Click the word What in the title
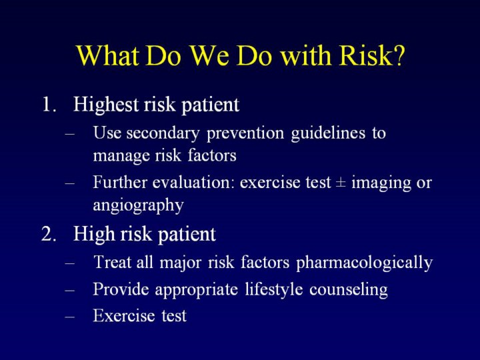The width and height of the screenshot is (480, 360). (107, 55)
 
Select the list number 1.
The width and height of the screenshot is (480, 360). (49, 105)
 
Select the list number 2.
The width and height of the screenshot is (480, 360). (49, 234)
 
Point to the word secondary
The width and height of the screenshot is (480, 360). (163, 134)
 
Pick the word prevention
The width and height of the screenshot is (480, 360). (245, 134)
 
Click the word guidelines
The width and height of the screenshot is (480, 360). (328, 134)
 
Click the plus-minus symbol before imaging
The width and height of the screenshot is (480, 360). (341, 183)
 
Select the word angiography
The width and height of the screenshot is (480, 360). (139, 206)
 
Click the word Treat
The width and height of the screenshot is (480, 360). (113, 262)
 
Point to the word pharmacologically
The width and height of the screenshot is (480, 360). (365, 263)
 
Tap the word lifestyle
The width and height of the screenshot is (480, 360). (274, 290)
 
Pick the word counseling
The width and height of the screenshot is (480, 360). (349, 290)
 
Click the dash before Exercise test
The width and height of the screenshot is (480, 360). (70, 317)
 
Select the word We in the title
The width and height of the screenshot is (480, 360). (210, 55)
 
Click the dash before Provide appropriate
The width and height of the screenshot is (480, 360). (70, 290)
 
